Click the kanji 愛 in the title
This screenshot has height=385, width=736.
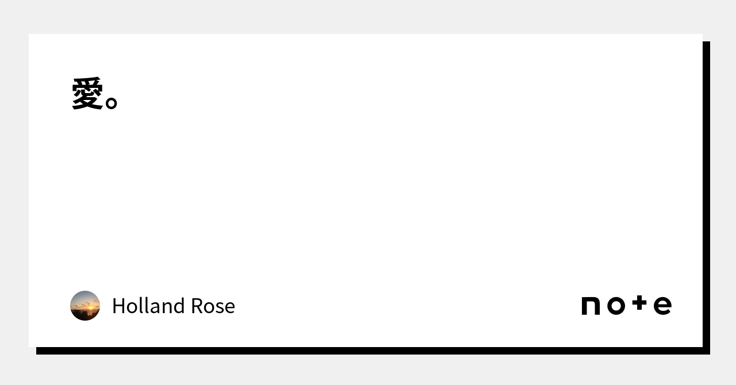87,93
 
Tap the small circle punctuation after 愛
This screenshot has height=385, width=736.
112,103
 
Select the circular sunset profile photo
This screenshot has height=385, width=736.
85,306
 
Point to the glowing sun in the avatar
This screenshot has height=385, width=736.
90,308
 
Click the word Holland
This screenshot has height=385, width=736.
148,306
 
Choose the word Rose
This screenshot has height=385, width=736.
213,306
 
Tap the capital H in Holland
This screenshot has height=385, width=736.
119,306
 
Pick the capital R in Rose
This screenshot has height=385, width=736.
197,306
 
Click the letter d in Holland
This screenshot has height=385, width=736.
179,306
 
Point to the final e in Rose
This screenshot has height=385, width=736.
229,309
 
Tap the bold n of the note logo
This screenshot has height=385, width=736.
591,306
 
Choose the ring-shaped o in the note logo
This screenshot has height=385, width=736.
616,306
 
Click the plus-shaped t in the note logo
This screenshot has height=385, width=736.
639,303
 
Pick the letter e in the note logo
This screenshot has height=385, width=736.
662,306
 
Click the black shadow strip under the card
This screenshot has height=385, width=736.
373,351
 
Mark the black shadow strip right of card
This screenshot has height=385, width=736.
707,198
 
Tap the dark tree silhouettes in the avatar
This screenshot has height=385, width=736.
82,315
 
